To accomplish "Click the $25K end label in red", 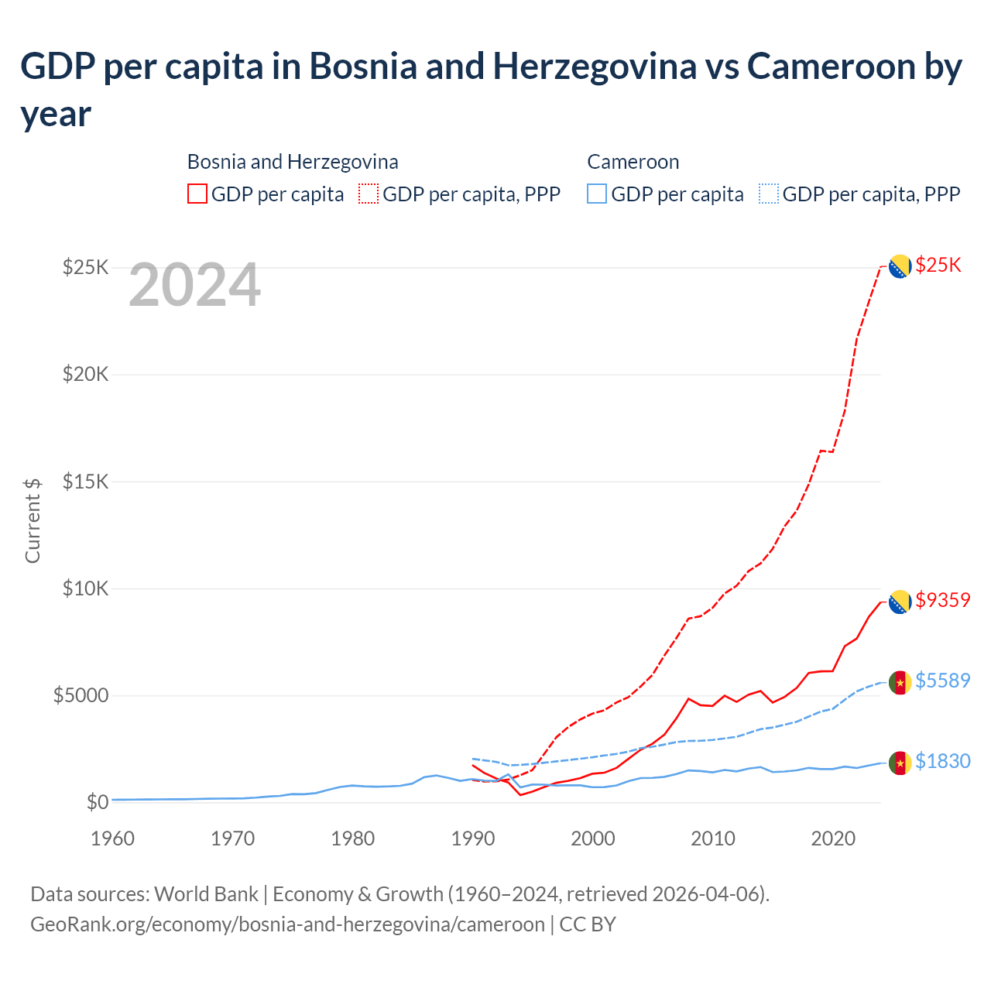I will tap(938, 266).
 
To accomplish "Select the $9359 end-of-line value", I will tap(942, 600).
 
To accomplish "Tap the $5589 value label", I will tap(942, 681).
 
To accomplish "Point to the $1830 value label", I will tap(942, 761).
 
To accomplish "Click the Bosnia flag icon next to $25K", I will tap(899, 266).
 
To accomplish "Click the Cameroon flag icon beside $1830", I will tap(899, 763).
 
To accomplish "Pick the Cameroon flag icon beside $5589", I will tap(899, 682).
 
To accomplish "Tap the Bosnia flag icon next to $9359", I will tap(899, 602).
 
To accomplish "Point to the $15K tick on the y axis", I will tap(85, 482).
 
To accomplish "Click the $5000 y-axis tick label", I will tap(81, 695).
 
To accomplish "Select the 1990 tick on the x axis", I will tap(473, 838).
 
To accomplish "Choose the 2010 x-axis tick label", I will tap(713, 838).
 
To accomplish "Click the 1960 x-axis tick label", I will tap(113, 838).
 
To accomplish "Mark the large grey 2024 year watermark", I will tap(194, 285).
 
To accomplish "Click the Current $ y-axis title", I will tap(33, 520).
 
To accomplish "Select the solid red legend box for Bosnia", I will tap(197, 194).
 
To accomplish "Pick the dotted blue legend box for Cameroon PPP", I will tap(769, 194).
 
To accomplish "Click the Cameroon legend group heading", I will tap(633, 162).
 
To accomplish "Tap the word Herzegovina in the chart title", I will tap(595, 67).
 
